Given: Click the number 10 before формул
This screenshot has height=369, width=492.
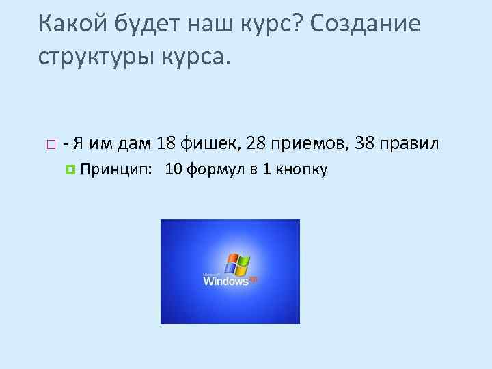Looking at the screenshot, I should (x=174, y=169).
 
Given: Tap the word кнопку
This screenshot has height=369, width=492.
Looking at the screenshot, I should (x=300, y=170).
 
